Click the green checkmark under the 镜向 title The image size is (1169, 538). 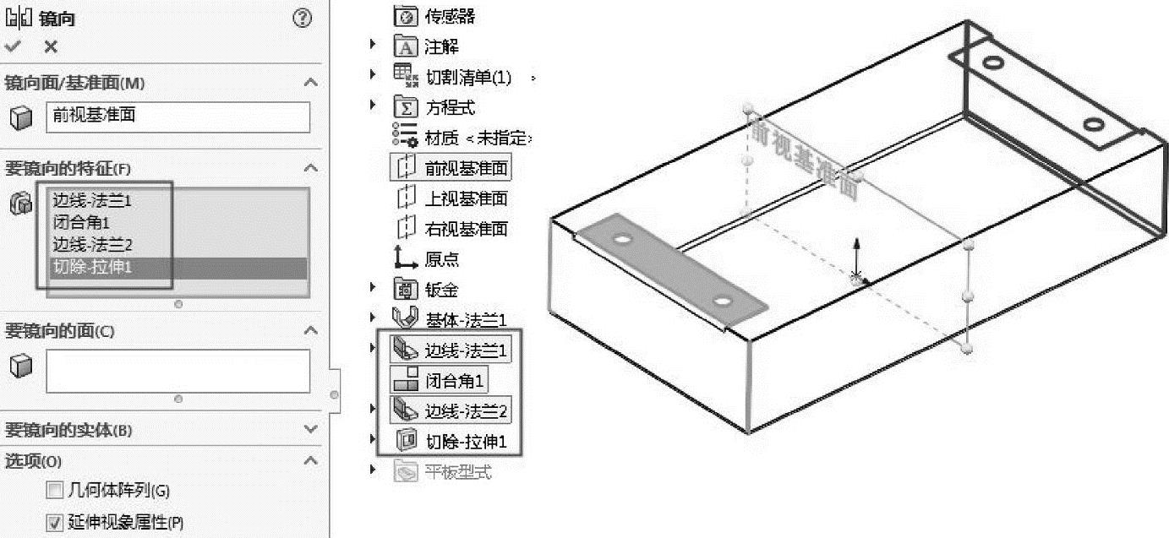pos(13,47)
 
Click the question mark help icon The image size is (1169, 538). pos(302,18)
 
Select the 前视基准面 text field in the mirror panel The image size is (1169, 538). pos(178,117)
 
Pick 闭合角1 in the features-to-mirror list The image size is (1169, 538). pos(81,223)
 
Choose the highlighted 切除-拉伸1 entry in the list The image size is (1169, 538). pos(93,267)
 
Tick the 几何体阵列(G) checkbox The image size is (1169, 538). pos(55,491)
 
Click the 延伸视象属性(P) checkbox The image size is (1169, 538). pos(55,523)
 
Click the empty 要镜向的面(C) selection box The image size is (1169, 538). pos(178,371)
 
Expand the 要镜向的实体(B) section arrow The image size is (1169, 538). pos(310,430)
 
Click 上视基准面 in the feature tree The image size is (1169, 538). pos(466,198)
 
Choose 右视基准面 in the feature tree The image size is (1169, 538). pos(466,229)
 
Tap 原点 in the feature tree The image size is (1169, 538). pos(442,259)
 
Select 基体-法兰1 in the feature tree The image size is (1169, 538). pos(466,319)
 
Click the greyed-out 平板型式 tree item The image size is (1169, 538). pos(457,471)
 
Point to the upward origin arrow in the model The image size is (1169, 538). pos(856,253)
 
